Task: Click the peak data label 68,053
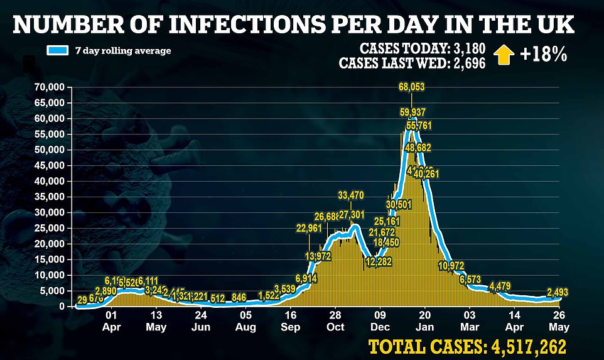[x=412, y=87]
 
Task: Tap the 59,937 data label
[x=413, y=112]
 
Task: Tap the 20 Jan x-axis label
[x=425, y=322]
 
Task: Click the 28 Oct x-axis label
[x=335, y=322]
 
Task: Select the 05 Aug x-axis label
[x=245, y=322]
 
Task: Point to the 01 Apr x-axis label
[x=112, y=322]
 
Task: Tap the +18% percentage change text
[x=543, y=55]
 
